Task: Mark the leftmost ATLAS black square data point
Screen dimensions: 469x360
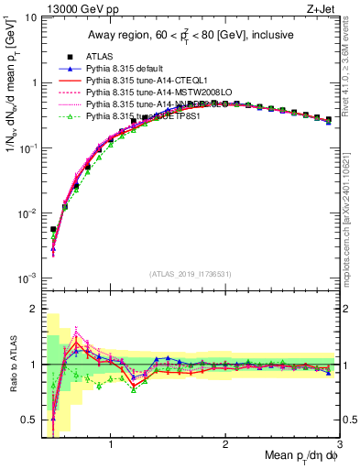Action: [53, 229]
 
